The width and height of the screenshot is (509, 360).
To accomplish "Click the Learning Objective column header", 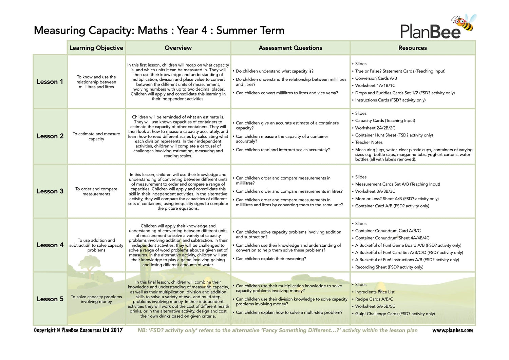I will click(x=96, y=48).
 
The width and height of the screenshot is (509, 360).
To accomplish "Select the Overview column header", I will click(x=178, y=48).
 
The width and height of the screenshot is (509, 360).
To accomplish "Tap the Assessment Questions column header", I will click(x=290, y=48).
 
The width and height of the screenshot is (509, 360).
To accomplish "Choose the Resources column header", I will click(x=412, y=48).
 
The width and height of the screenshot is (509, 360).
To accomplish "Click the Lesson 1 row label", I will click(x=50, y=82).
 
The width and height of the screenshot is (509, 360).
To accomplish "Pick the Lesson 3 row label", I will click(x=50, y=191).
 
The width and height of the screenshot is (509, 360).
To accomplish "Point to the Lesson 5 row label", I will click(x=50, y=299).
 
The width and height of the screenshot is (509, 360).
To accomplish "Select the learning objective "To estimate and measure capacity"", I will click(x=96, y=136).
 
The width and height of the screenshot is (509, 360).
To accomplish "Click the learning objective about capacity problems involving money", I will click(x=96, y=299).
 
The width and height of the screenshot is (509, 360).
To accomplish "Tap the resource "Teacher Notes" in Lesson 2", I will click(x=369, y=143).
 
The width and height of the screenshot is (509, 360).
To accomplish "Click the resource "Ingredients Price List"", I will click(x=375, y=292).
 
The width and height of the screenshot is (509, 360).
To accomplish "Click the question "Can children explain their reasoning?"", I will click(x=271, y=259).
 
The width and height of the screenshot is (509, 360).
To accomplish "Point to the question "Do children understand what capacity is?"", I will click(x=275, y=71).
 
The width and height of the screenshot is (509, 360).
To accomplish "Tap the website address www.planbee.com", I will click(x=452, y=330).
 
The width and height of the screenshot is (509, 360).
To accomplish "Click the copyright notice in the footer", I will click(x=78, y=330).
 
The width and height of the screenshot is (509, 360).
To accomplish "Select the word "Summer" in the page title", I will click(x=232, y=30).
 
